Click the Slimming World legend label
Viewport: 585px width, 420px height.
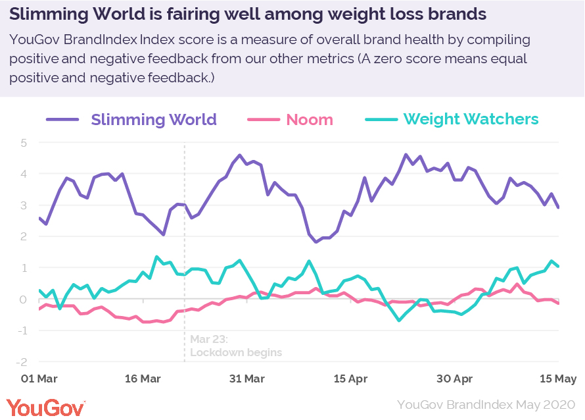[154, 120]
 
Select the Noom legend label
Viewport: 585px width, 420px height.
[309, 120]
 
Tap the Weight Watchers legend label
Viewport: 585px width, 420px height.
[471, 120]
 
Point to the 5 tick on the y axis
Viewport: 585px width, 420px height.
[24, 143]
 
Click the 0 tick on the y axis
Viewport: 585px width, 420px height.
[24, 300]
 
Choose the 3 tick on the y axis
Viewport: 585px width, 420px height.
[24, 205]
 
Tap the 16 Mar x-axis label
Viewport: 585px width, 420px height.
[143, 379]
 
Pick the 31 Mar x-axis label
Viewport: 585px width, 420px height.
[246, 379]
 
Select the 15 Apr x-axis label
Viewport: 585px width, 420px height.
[350, 379]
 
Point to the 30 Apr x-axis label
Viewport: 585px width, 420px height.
[454, 379]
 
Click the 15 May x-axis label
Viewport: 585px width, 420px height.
[559, 379]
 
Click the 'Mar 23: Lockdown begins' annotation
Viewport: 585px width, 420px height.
[235, 346]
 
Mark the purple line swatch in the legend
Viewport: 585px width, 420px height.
[62, 120]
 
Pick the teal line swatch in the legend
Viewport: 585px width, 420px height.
[381, 120]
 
